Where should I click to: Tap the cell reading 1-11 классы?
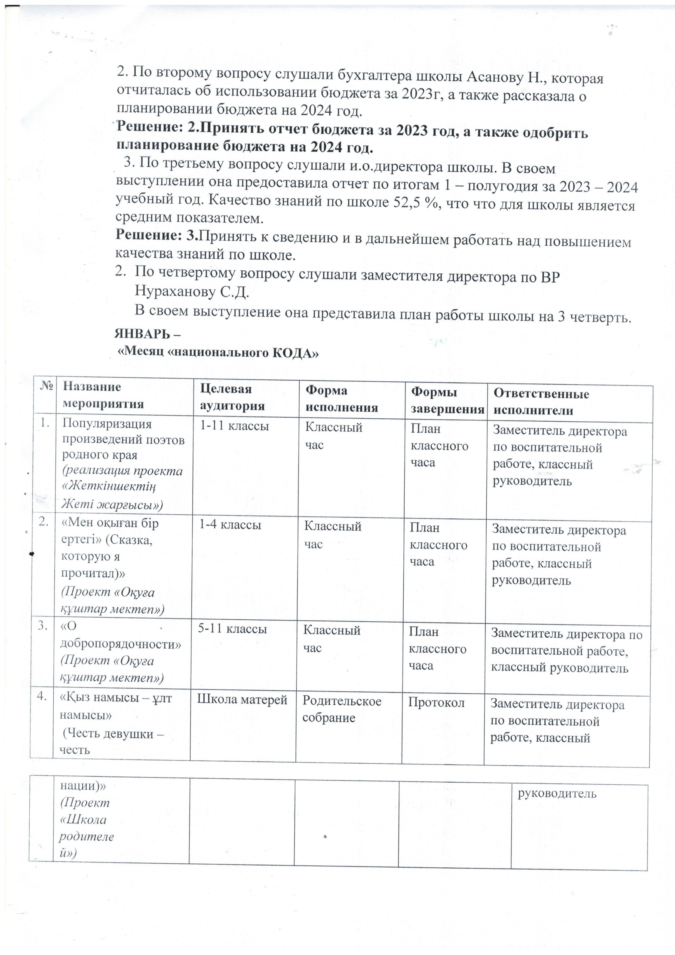click(x=234, y=426)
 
